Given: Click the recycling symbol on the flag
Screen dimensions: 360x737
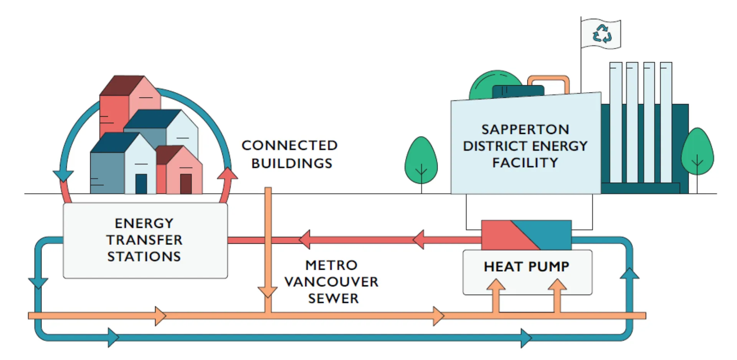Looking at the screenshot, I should click(601, 34).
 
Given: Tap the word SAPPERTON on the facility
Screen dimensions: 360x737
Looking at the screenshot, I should click(525, 129).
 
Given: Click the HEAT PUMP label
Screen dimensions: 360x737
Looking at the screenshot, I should click(526, 266).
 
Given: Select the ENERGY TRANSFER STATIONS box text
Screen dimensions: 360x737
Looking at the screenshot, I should click(144, 240).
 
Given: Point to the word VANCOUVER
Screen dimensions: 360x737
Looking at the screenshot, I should click(331, 282).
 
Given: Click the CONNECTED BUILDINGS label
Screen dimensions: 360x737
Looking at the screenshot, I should click(290, 154).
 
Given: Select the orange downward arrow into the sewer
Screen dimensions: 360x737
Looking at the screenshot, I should click(268, 292).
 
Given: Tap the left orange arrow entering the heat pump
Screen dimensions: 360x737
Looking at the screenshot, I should click(496, 286).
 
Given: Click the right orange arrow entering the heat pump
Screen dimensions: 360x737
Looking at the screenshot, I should click(557, 286).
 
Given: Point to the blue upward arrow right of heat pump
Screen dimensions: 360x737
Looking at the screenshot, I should click(629, 273).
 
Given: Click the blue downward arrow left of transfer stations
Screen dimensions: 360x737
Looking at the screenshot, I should click(38, 283).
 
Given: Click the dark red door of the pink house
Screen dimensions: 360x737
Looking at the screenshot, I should click(186, 184).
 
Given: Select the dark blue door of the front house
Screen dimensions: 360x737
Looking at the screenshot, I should click(141, 184).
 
